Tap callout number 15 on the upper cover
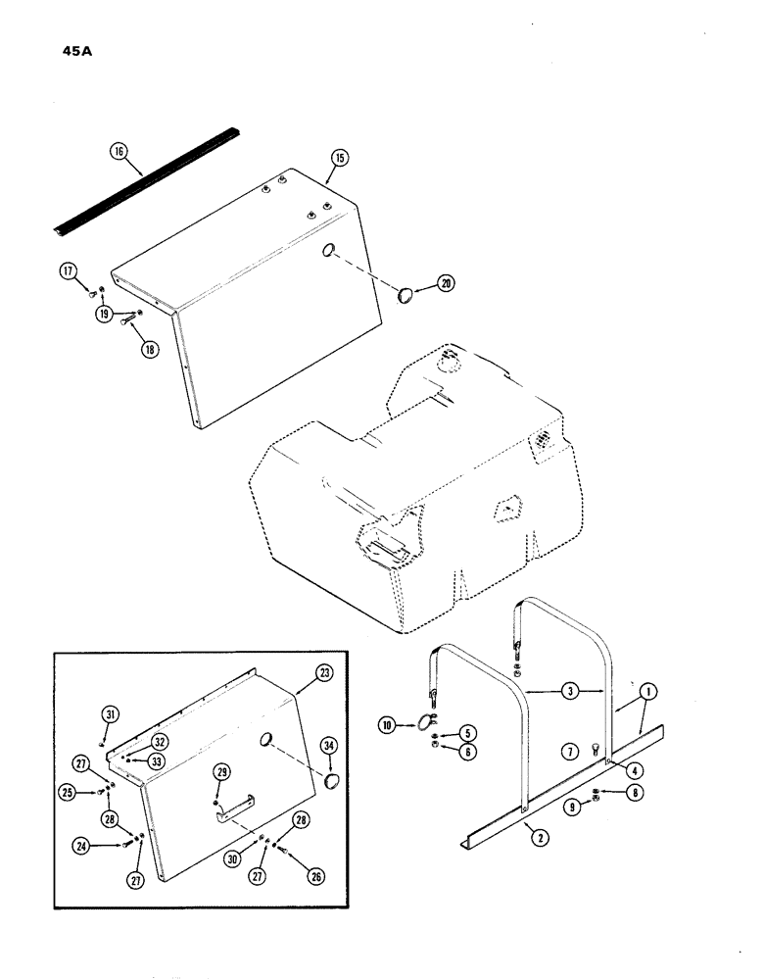pos(340,157)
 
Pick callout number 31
pos(111,714)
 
